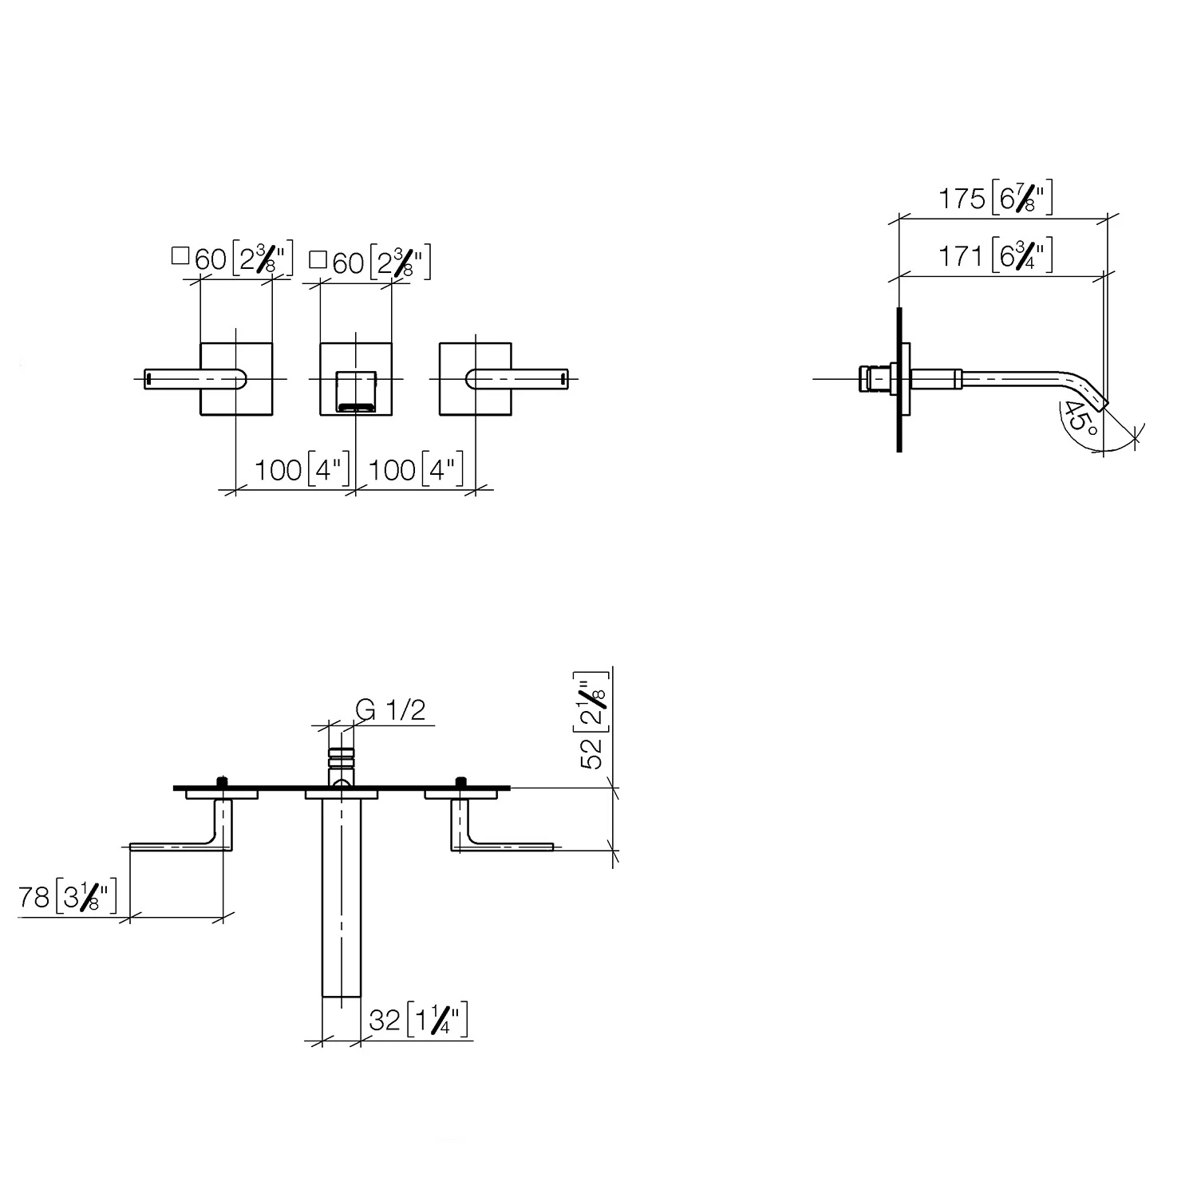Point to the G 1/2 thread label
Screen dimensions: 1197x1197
coord(390,709)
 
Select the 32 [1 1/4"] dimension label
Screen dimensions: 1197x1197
coord(418,1019)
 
